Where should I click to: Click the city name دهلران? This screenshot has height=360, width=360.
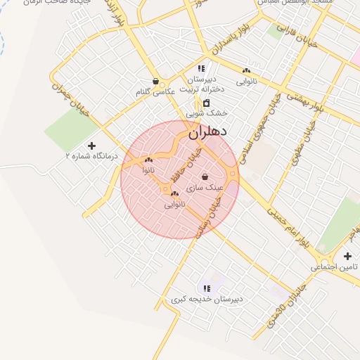[x=207, y=131]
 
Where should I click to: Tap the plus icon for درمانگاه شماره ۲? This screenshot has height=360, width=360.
[x=91, y=146]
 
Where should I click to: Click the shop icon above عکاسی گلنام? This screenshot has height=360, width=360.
[x=155, y=81]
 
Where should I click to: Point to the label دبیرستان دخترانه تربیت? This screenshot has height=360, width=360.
[x=201, y=84]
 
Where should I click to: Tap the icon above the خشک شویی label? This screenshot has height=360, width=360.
[x=207, y=103]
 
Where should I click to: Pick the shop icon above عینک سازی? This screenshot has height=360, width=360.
[x=205, y=177]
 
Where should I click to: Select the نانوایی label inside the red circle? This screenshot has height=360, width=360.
[x=174, y=204]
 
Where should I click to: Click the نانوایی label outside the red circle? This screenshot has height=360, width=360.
[x=247, y=82]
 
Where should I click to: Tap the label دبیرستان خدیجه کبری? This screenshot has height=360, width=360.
[x=207, y=299]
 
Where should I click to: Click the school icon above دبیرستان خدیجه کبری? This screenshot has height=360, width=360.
[x=207, y=288]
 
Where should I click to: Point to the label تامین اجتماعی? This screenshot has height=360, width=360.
[x=335, y=267]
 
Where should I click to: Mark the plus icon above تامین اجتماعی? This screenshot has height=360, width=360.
[x=347, y=256]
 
